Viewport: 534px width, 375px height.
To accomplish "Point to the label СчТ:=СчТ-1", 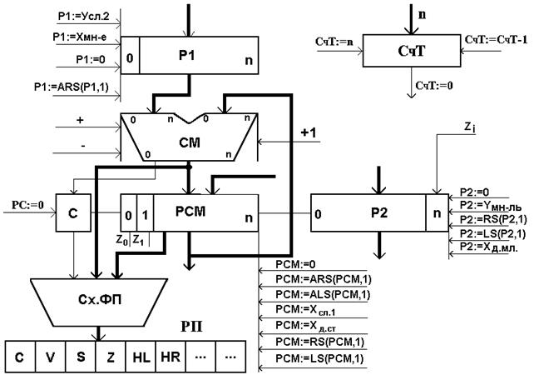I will [496, 40].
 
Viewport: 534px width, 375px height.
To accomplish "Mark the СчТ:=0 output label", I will [433, 85].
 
